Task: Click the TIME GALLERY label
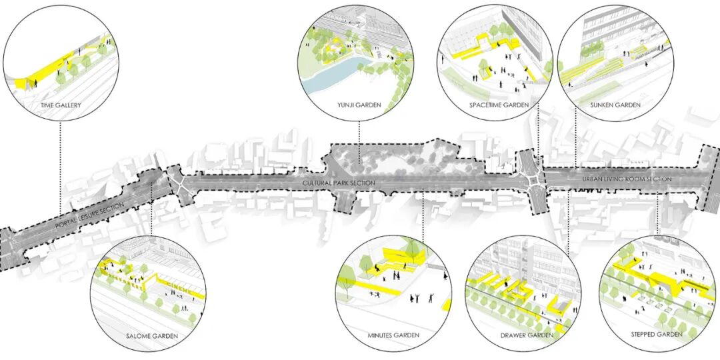point(61,105)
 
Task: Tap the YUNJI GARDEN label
point(359,105)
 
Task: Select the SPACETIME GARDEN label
point(498,105)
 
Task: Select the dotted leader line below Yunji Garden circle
point(359,137)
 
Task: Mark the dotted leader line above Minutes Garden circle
point(423,220)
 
